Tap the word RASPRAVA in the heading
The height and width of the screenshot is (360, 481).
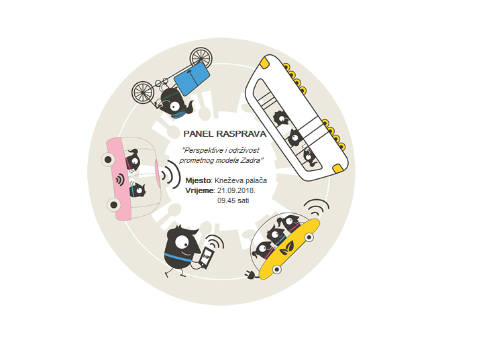pyautogui.click(x=242, y=134)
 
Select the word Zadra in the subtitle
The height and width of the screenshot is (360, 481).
pyautogui.click(x=252, y=160)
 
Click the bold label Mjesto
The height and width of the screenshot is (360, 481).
pyautogui.click(x=198, y=180)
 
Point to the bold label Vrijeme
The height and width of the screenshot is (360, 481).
pyautogui.click(x=199, y=190)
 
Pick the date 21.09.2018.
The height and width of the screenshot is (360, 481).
pyautogui.click(x=236, y=190)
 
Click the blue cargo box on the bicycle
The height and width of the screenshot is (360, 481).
pyautogui.click(x=192, y=78)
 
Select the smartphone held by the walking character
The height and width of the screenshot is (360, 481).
pyautogui.click(x=206, y=258)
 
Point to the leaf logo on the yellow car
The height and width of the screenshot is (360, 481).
pyautogui.click(x=286, y=248)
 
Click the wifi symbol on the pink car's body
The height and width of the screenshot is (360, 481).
pyautogui.click(x=120, y=180)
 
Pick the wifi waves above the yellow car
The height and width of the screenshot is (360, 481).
pyautogui.click(x=317, y=206)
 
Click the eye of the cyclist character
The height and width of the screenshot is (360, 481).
pyautogui.click(x=174, y=107)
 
